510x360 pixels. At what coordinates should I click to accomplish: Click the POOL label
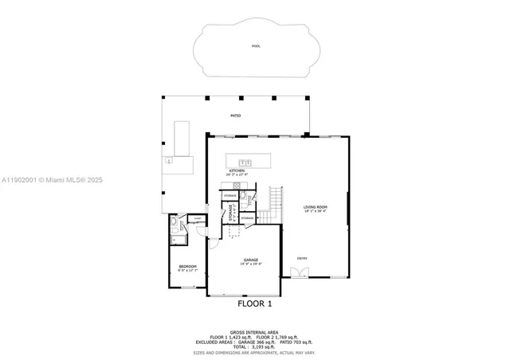tap(256, 46)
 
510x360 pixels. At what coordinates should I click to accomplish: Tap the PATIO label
tap(236, 116)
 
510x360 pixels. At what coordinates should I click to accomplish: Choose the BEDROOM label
tap(187, 266)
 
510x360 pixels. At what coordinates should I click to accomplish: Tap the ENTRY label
tap(302, 257)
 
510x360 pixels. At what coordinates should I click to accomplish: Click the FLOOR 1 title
tap(255, 303)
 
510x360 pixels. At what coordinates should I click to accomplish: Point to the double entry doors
tap(299, 273)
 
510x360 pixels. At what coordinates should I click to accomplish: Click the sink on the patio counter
tap(169, 162)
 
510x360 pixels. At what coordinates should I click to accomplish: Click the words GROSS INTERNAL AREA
tap(255, 332)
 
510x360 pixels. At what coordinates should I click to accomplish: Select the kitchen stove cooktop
tap(237, 186)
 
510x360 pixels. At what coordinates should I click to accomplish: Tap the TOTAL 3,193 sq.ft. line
tap(255, 347)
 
